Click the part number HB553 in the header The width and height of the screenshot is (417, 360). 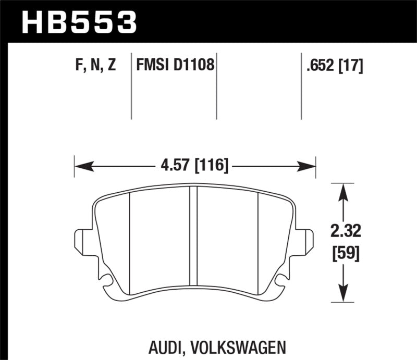click(x=78, y=22)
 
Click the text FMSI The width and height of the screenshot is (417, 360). click(x=151, y=66)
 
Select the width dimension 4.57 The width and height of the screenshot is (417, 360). click(x=171, y=167)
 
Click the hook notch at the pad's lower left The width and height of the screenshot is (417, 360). click(x=108, y=282)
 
